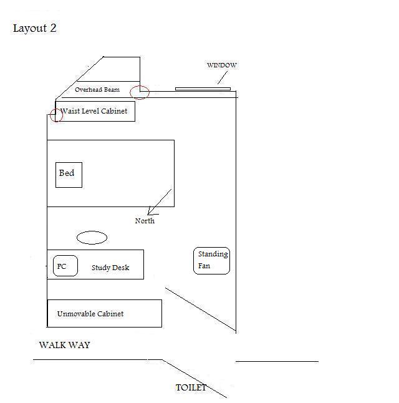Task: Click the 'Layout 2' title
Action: (35, 29)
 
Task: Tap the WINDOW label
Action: (221, 66)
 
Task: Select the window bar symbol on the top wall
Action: (203, 89)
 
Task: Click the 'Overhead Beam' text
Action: (97, 90)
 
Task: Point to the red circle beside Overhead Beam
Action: (140, 92)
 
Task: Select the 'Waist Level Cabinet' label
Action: (94, 111)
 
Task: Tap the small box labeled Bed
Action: (69, 174)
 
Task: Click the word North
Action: (145, 221)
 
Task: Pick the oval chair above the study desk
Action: (92, 238)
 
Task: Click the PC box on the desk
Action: (65, 266)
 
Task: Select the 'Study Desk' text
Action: (110, 268)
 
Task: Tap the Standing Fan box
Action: (212, 260)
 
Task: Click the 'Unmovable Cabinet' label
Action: (90, 314)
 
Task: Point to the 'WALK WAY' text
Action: (64, 345)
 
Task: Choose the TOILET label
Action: (191, 387)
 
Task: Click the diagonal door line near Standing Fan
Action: (199, 310)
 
